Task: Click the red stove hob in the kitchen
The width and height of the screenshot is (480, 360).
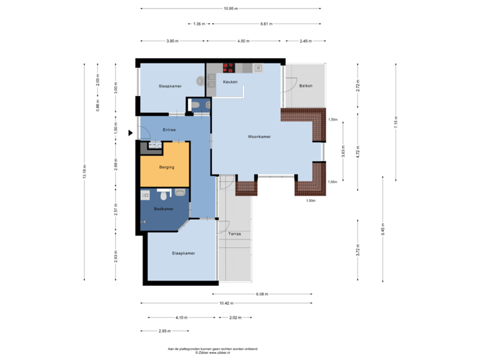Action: click(229, 67)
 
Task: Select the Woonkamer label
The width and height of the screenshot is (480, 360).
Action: click(259, 136)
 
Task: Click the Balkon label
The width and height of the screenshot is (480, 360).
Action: click(306, 86)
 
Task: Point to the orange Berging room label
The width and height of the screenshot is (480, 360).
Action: click(166, 167)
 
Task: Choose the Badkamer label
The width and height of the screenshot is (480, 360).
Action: click(163, 209)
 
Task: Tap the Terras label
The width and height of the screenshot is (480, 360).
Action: click(235, 235)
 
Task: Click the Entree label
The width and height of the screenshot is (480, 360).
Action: click(169, 130)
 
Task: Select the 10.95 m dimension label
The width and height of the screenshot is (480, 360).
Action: click(231, 9)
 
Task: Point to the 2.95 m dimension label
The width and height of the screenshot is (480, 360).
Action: click(165, 331)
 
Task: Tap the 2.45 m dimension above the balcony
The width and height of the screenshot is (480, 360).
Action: click(306, 41)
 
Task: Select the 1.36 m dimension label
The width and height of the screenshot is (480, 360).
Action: click(199, 24)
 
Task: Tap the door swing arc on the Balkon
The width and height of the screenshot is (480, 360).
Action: click(289, 81)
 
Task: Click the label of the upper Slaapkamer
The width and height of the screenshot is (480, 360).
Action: click(170, 87)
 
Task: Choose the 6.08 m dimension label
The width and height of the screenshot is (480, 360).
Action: click(262, 293)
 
